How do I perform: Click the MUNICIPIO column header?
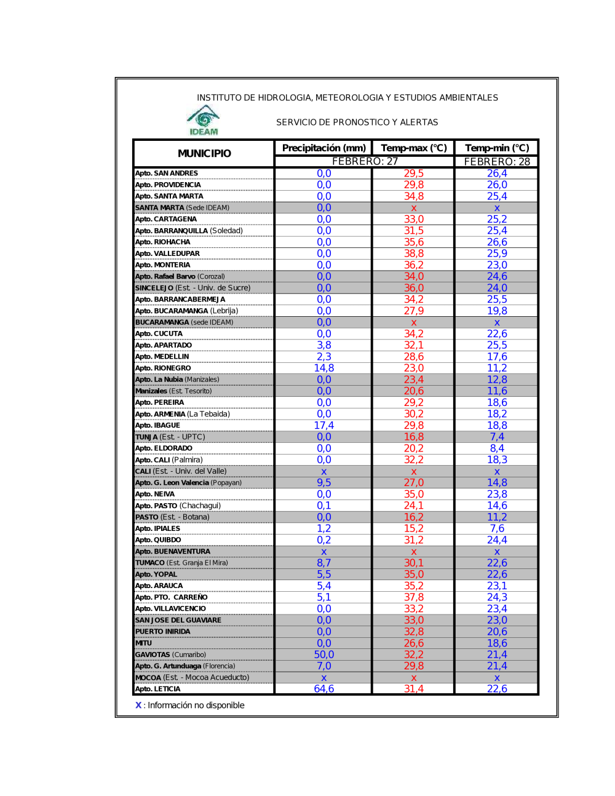coord(204,153)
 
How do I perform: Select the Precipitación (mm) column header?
coord(323,148)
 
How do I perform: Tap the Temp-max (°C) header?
coord(414,148)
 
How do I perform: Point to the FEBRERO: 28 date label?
coord(497,162)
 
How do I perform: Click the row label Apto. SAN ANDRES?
coord(167,173)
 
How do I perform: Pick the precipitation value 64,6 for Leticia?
coord(324,689)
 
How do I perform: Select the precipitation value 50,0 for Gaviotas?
coord(324,655)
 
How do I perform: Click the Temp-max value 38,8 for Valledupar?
coord(414,253)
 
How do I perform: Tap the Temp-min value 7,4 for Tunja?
coord(497,437)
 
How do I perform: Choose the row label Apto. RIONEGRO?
coord(163,368)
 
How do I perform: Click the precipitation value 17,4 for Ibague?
coord(324,425)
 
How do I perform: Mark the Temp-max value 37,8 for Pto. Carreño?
coord(414,597)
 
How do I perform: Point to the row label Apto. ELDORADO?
coord(164,448)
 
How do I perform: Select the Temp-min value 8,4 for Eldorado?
coord(497,448)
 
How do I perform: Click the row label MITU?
coord(144,643)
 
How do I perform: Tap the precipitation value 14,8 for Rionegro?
coord(324,368)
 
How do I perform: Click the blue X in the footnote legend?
coord(138,705)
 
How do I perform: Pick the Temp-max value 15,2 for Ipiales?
coord(414,528)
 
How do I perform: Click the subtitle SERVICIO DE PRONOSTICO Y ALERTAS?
coord(357,122)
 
